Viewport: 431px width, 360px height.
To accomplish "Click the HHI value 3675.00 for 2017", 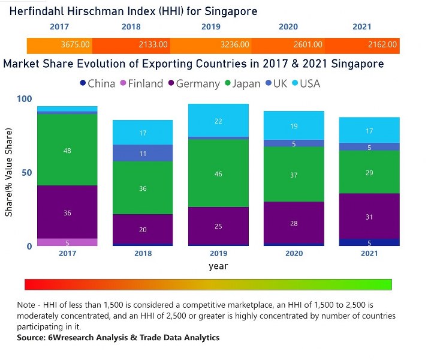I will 76,45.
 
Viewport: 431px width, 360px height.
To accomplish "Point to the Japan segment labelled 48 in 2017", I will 67,150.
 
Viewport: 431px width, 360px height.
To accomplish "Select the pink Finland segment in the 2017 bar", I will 67,242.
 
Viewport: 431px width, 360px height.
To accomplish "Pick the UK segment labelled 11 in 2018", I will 143,153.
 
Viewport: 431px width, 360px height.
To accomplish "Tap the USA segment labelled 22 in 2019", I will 218,121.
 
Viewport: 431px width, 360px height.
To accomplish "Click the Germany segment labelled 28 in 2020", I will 294,223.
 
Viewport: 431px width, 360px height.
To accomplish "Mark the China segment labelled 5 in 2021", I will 369,242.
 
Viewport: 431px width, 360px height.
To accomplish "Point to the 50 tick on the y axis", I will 26,173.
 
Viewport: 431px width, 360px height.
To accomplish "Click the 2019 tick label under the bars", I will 218,254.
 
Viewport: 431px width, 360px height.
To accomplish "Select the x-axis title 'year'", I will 218,266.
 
